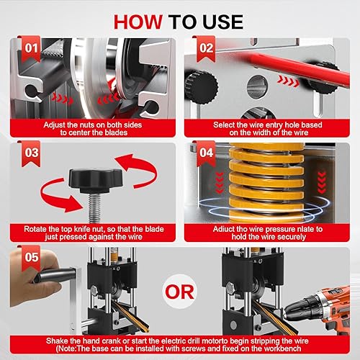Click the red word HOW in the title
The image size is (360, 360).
(x=138, y=22)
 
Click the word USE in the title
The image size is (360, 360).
(x=222, y=22)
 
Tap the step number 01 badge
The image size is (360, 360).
(x=31, y=49)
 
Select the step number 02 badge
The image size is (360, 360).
(x=206, y=49)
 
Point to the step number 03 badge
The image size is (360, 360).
(x=31, y=153)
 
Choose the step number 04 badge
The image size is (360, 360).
(x=206, y=153)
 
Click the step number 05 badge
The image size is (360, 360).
(x=31, y=258)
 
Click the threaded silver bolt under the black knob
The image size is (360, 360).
(x=94, y=208)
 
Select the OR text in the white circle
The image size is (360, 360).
(x=179, y=292)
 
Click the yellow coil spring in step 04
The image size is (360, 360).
(x=266, y=183)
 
